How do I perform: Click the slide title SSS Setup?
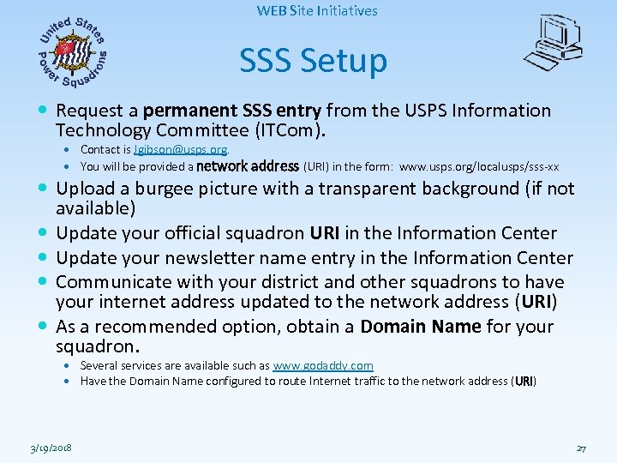click(313, 61)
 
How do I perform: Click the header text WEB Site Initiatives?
click(316, 11)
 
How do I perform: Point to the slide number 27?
click(580, 448)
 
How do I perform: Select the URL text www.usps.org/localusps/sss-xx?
click(479, 166)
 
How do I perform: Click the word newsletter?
click(216, 257)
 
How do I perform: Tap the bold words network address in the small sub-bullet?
click(248, 166)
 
